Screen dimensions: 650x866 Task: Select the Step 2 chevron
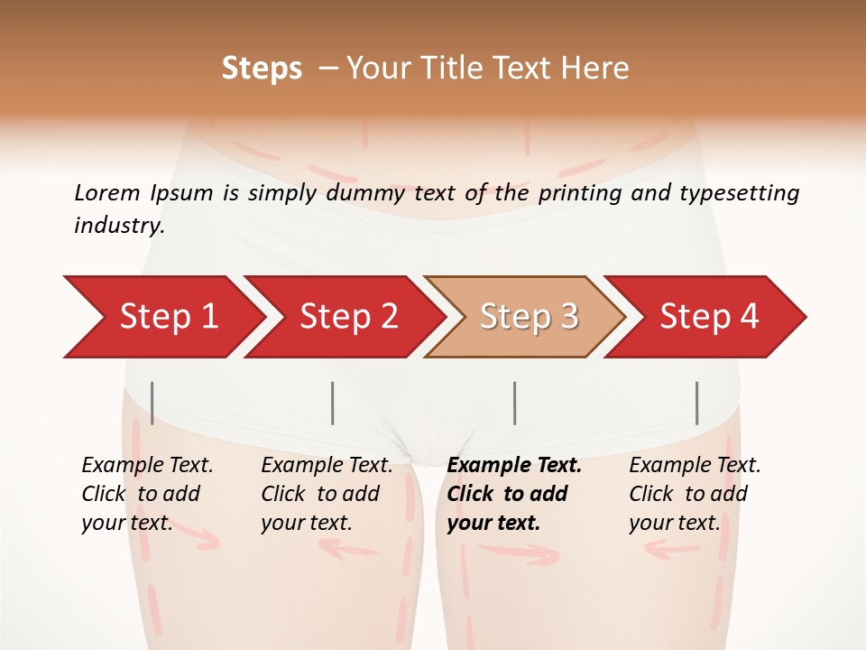pyautogui.click(x=347, y=317)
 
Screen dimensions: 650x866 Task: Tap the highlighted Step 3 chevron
pyautogui.click(x=528, y=317)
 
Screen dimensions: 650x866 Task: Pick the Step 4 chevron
pyautogui.click(x=708, y=317)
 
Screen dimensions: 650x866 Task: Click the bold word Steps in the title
pyautogui.click(x=262, y=69)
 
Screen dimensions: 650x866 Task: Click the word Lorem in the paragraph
pyautogui.click(x=106, y=192)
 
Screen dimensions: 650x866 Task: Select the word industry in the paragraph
pyautogui.click(x=119, y=226)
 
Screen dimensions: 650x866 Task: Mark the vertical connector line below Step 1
pyautogui.click(x=152, y=403)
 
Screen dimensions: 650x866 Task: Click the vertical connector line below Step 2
pyautogui.click(x=333, y=403)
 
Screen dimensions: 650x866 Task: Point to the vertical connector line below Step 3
pyautogui.click(x=514, y=403)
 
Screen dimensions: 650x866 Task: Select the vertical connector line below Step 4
pyautogui.click(x=696, y=403)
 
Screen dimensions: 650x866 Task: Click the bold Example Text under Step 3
pyautogui.click(x=514, y=466)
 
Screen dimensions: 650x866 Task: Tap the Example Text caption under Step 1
pyautogui.click(x=147, y=466)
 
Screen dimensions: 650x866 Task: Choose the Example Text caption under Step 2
pyautogui.click(x=327, y=466)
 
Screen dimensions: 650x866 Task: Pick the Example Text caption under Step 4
pyautogui.click(x=695, y=466)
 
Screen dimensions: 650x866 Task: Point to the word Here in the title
pyautogui.click(x=597, y=69)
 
